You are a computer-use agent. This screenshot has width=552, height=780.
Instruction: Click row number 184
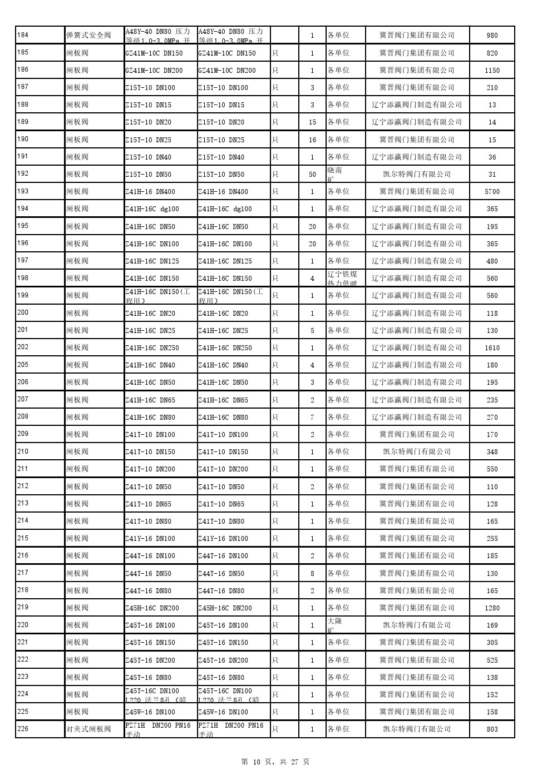[23, 35]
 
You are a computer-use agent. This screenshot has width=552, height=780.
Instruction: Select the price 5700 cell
[492, 192]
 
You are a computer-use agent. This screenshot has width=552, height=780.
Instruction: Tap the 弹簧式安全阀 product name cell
[88, 36]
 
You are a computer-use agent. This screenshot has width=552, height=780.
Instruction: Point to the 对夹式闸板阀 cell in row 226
[88, 729]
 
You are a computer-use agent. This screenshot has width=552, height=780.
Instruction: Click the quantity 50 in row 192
[312, 175]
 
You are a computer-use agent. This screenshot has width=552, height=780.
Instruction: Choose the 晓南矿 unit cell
[335, 174]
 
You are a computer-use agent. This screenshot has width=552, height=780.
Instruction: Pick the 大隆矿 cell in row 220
[335, 625]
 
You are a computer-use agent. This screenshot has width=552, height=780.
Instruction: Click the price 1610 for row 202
[492, 348]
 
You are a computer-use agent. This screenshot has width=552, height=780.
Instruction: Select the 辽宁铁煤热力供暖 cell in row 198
[342, 279]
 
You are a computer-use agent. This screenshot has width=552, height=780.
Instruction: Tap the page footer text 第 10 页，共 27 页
[275, 762]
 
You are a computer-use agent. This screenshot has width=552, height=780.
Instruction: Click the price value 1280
[492, 608]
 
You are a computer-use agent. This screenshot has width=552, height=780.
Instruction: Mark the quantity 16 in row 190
[312, 140]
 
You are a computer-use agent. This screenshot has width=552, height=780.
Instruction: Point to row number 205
[23, 365]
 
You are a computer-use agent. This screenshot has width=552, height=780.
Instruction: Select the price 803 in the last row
[492, 729]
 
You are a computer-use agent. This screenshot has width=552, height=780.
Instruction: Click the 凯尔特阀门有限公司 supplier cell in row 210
[417, 451]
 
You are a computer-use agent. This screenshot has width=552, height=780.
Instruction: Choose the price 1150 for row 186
[492, 71]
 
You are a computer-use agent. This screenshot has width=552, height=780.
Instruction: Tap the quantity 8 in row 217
[312, 573]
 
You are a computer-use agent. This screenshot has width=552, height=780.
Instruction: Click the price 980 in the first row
[492, 36]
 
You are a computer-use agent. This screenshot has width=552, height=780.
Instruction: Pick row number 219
[23, 607]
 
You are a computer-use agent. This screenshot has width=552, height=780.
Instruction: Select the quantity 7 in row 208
[312, 417]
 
